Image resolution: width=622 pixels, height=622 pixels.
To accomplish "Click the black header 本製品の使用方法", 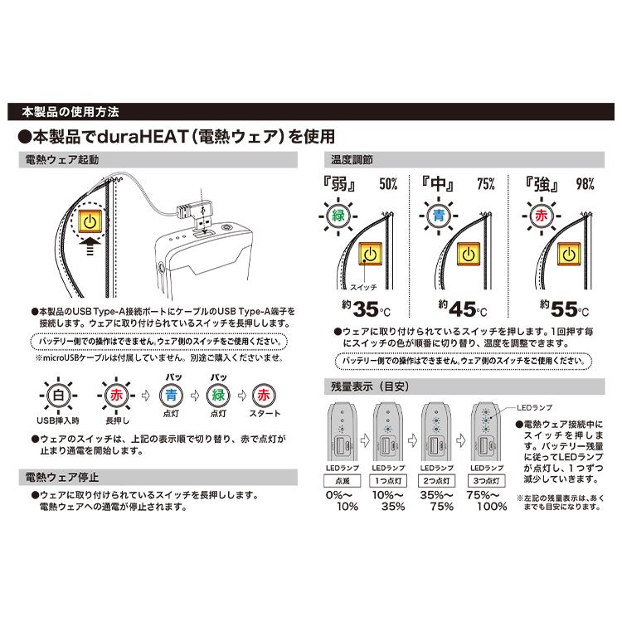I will [70, 110].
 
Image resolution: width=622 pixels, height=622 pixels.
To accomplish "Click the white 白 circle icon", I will [56, 395].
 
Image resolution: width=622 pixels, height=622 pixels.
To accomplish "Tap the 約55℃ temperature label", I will [564, 309].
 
